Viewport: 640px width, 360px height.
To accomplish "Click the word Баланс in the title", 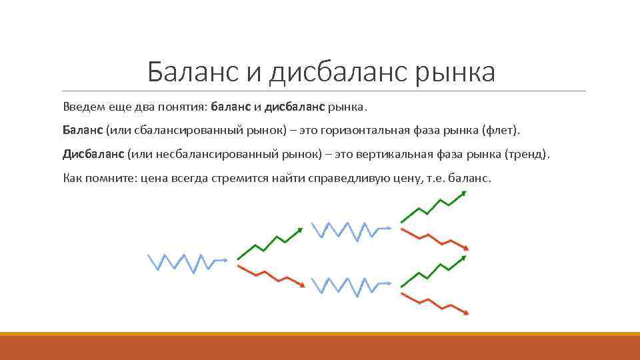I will point(193,72).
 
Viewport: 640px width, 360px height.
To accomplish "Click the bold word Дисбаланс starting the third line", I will point(93,155).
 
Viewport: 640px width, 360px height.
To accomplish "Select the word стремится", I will point(239,179).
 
